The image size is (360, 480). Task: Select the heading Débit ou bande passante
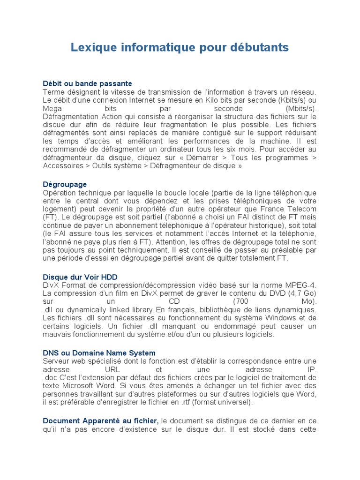87,83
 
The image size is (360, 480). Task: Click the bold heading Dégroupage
65,184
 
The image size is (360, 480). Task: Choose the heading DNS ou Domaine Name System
99,352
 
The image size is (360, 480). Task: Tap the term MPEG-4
301,285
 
